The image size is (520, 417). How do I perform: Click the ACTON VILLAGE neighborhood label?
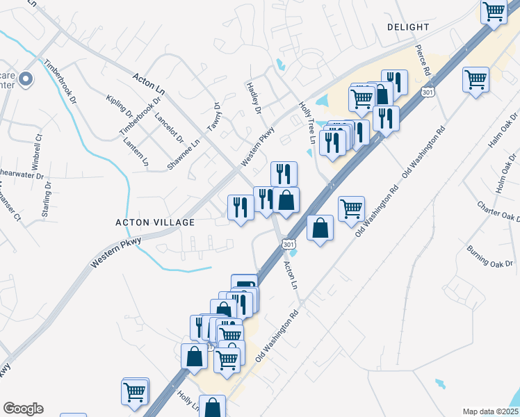[x=155, y=222]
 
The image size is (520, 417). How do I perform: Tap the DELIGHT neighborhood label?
[x=408, y=27]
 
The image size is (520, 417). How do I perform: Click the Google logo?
[x=23, y=409]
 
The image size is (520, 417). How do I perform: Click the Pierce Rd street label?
[x=423, y=61]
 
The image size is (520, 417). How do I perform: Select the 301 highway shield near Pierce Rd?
[x=428, y=92]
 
